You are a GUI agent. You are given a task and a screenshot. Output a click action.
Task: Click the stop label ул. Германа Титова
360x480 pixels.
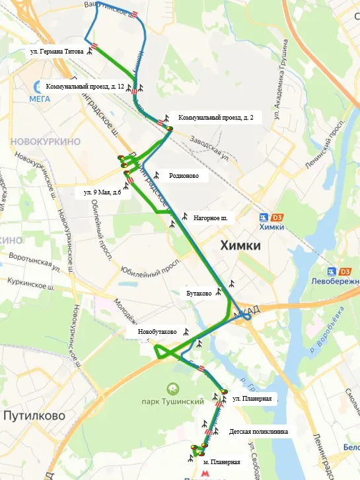(x=57, y=51)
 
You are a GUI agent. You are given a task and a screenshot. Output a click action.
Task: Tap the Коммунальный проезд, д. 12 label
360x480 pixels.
(x=85, y=87)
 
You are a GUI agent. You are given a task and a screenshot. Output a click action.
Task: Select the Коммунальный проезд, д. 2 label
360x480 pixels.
(x=216, y=117)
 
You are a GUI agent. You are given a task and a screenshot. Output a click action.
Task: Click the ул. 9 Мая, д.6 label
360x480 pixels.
(x=102, y=192)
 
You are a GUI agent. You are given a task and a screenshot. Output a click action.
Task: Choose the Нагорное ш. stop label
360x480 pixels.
(x=210, y=218)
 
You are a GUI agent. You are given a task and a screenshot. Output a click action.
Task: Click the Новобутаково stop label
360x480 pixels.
(x=157, y=332)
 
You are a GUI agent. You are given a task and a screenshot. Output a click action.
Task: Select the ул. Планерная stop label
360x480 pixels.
(x=252, y=399)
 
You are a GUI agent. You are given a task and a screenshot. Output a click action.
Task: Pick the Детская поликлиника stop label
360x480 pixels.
(x=259, y=432)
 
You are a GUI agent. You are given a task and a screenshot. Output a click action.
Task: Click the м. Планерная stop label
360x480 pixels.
(x=222, y=463)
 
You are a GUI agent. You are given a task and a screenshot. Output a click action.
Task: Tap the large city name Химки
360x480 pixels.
(x=240, y=246)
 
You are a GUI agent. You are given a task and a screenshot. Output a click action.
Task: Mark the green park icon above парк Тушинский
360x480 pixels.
(x=173, y=388)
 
